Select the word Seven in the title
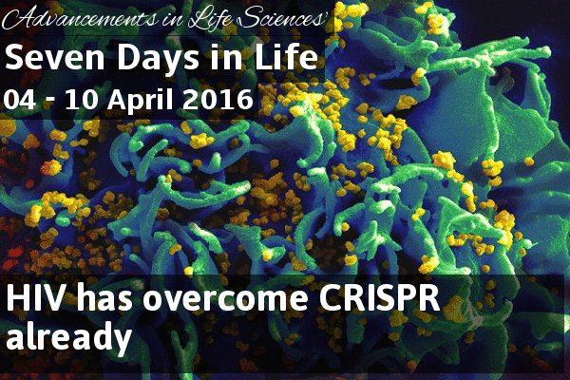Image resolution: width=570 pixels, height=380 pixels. (55, 57)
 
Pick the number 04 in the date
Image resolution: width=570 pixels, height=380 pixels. (20, 99)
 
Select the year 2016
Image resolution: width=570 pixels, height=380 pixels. (218, 99)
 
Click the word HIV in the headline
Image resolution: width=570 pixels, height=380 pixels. (35, 297)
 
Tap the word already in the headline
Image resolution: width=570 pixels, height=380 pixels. (68, 335)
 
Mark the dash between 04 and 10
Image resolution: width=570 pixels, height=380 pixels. (50, 103)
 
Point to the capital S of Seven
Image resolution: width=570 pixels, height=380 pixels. (14, 57)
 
